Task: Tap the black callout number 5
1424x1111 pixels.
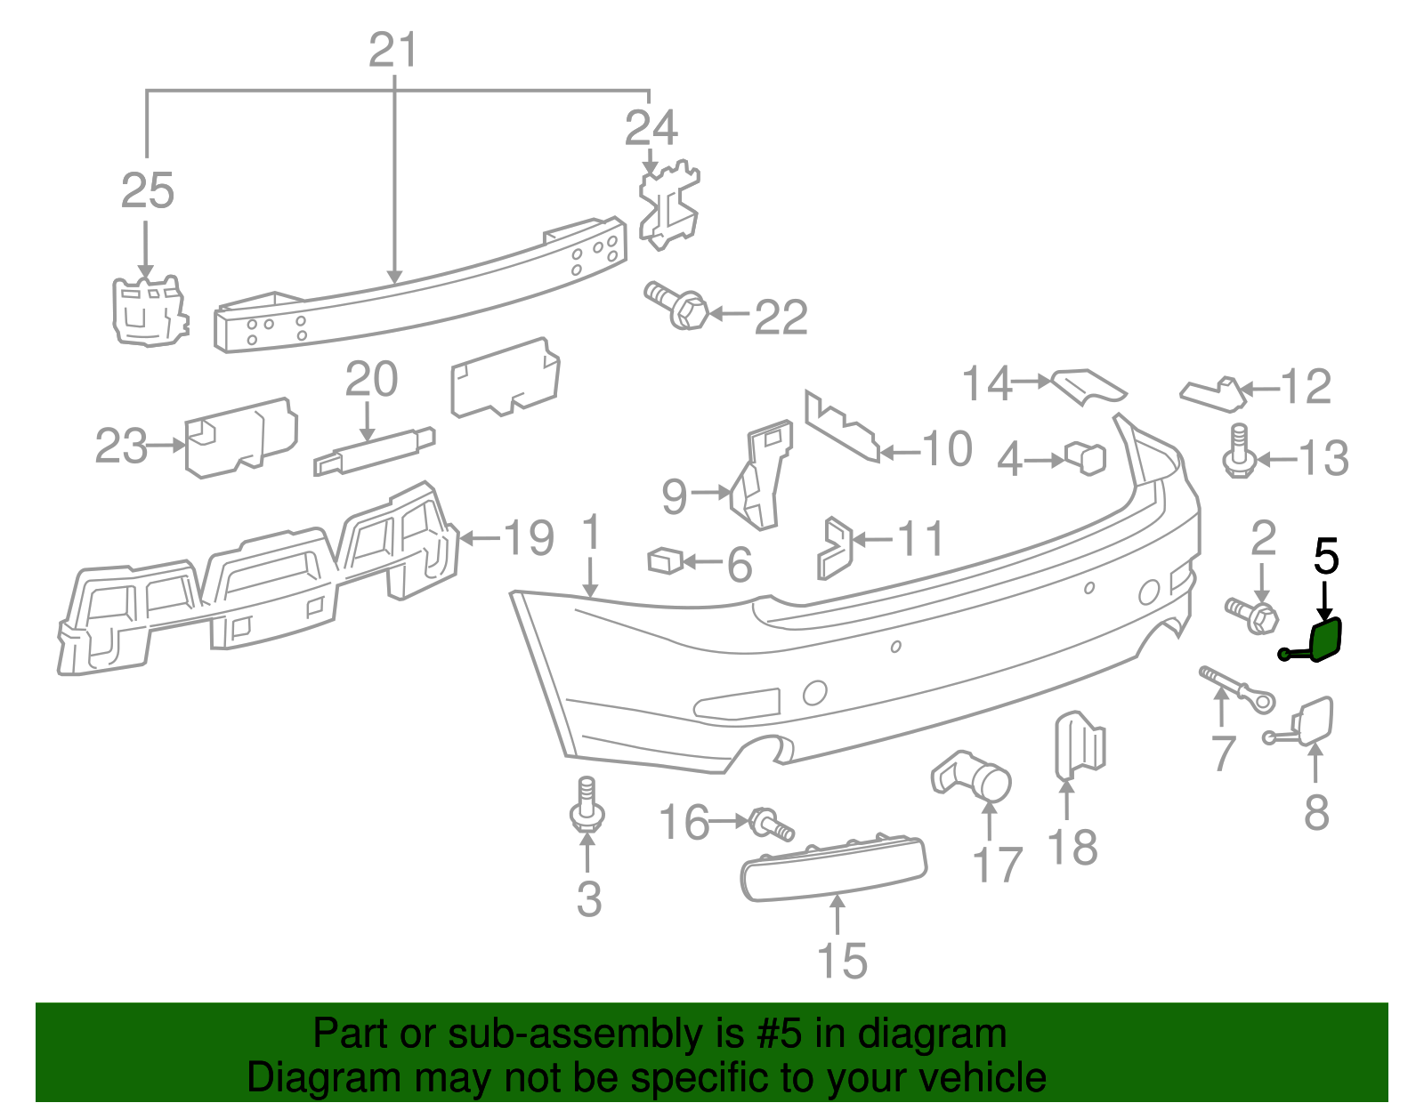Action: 1326,557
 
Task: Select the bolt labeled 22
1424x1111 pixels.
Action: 677,305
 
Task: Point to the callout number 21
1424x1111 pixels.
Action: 392,51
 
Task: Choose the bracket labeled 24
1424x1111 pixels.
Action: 668,204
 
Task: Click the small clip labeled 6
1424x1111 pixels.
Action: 664,560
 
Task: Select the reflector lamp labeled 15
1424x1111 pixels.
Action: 833,867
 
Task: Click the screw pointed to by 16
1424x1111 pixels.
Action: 771,823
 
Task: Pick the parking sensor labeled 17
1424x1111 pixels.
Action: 976,776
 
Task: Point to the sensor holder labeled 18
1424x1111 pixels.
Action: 1080,745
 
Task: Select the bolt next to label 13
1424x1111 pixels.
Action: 1237,453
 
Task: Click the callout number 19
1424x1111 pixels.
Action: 529,537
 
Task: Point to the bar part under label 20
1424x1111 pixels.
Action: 374,450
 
